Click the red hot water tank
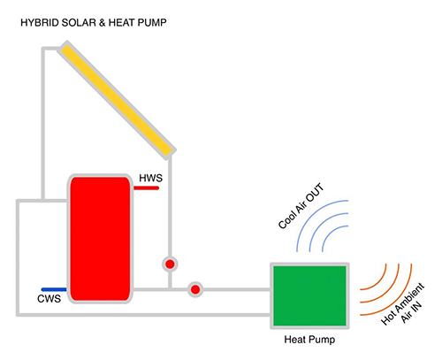point(100,239)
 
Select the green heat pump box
point(309,295)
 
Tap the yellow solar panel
point(117,100)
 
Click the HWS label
point(150,178)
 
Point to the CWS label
point(49,299)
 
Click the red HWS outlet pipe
point(146,188)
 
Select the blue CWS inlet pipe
point(54,289)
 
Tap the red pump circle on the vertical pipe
point(170,264)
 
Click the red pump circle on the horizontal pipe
point(195,289)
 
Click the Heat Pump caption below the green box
point(309,340)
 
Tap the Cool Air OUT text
point(301,206)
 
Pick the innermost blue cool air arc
point(330,233)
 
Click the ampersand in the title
point(103,23)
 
